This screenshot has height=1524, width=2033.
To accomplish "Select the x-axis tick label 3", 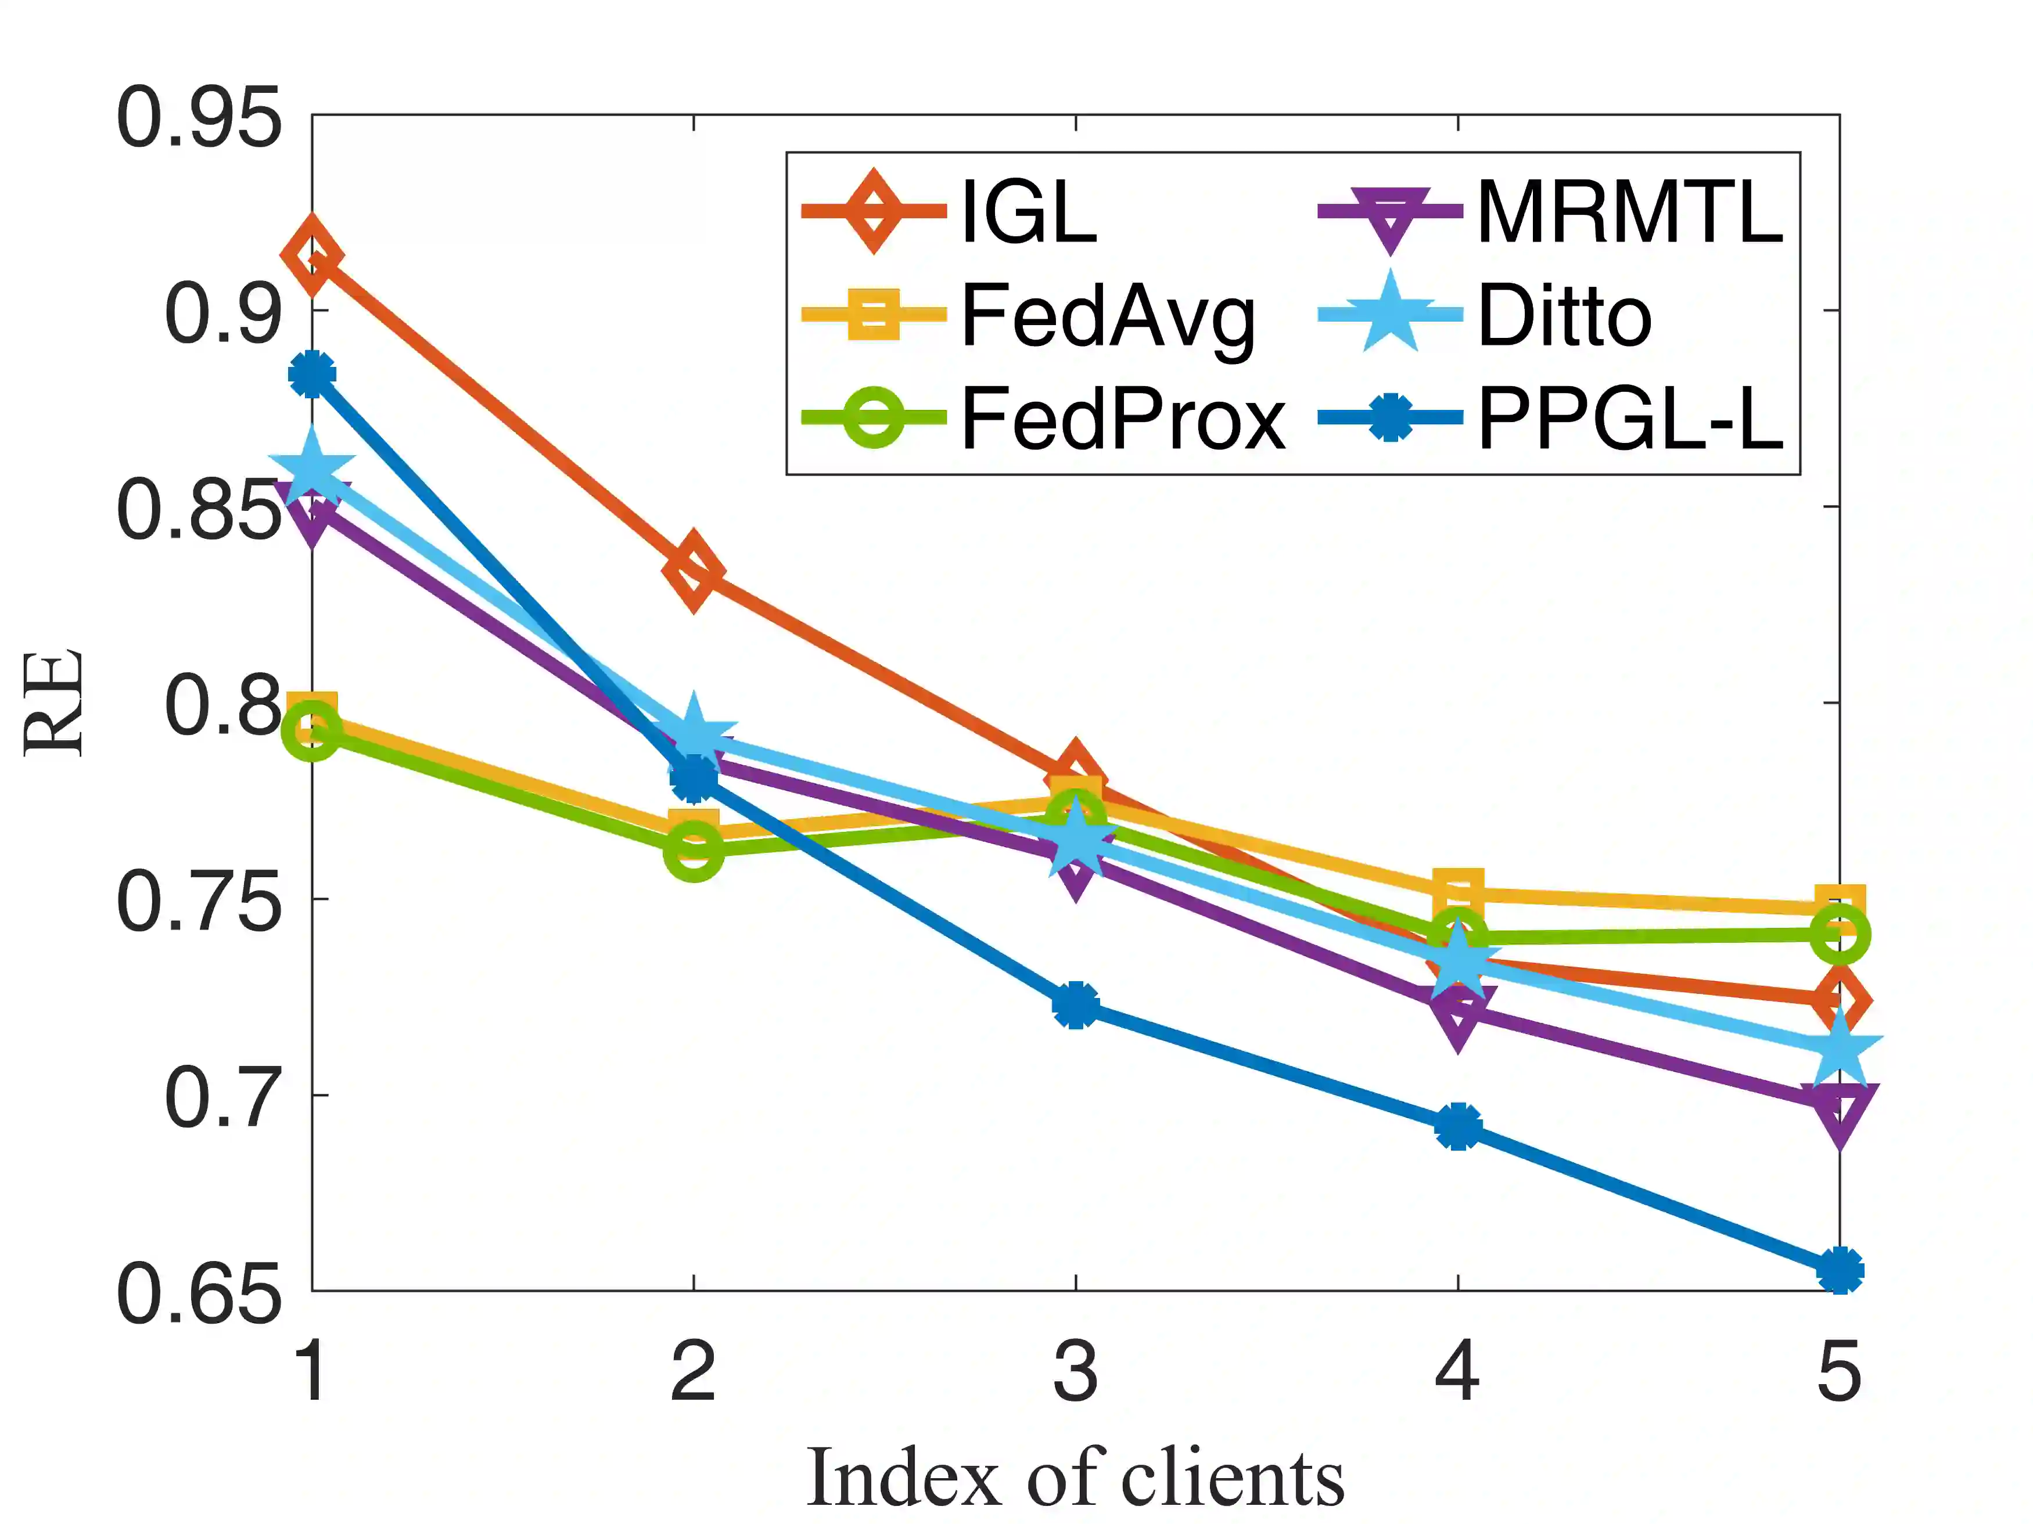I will point(1075,1371).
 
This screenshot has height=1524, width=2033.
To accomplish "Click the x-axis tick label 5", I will point(1839,1371).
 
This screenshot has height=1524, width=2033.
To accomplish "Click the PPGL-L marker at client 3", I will point(1075,1005).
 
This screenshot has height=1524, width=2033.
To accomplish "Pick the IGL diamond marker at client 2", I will point(694,570).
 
